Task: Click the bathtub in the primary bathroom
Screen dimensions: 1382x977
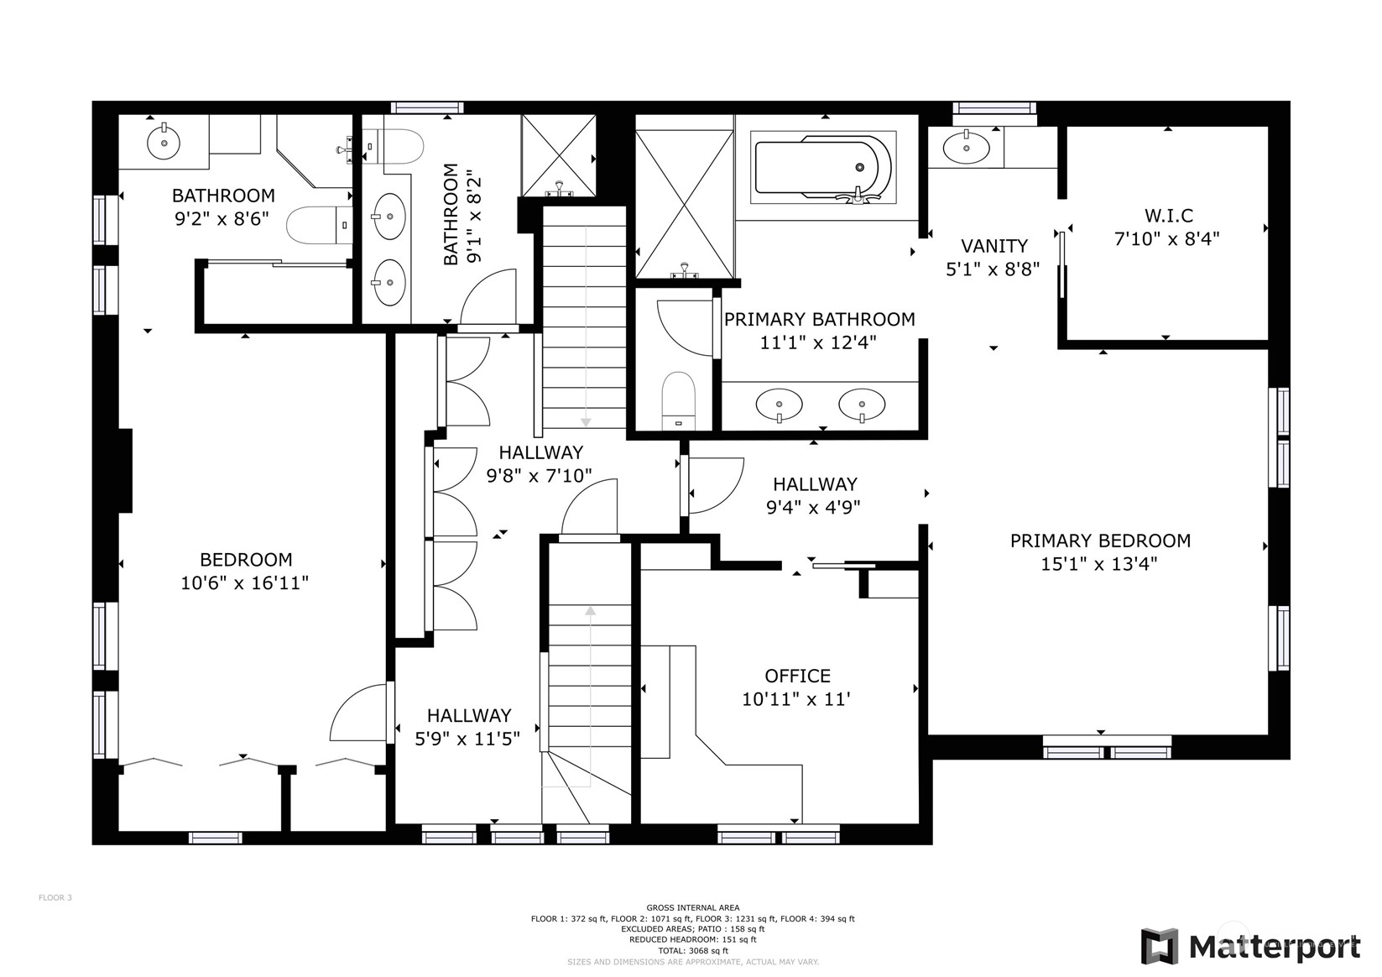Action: tap(823, 167)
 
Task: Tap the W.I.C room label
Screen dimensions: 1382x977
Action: tap(1169, 216)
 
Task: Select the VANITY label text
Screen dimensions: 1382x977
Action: tap(994, 246)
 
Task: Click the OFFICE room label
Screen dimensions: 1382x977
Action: tap(797, 676)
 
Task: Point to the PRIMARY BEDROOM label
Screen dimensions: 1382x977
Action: tap(1100, 541)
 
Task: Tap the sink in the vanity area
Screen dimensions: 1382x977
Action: tap(966, 148)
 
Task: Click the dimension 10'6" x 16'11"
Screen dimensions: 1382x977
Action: tap(244, 583)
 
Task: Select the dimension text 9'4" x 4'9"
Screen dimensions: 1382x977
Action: tap(813, 507)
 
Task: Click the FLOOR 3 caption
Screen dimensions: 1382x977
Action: tap(55, 897)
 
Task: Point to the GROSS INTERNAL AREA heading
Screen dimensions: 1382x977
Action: tap(692, 908)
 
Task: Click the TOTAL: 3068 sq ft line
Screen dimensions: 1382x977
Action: tap(693, 950)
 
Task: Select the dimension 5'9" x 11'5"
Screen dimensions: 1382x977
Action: tap(467, 739)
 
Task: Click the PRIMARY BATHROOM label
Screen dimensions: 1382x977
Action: tap(819, 319)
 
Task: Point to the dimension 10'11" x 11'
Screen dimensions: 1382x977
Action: tap(795, 699)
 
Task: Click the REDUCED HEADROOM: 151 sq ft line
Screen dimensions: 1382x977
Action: tap(692, 940)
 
